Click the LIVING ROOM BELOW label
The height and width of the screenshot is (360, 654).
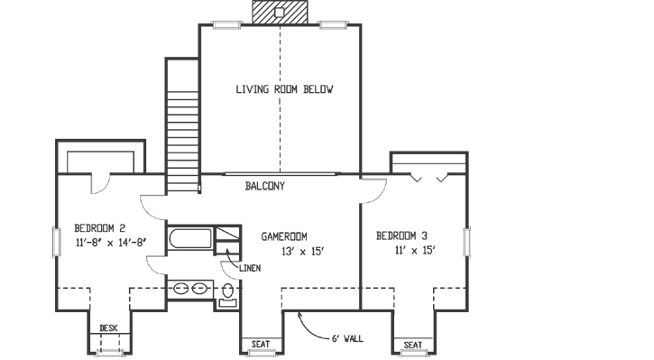(284, 89)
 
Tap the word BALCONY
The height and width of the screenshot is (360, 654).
(265, 187)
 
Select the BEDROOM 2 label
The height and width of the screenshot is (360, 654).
(99, 227)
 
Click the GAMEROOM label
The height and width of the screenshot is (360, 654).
(287, 236)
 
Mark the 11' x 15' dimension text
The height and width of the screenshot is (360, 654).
(415, 251)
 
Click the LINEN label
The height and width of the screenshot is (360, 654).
(250, 268)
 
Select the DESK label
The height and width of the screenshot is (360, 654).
(109, 328)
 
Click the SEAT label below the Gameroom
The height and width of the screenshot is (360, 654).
(260, 345)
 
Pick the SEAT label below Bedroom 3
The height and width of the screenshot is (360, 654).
(413, 345)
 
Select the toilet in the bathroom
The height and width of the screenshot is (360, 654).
(227, 291)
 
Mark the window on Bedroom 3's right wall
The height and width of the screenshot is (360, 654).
(467, 243)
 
